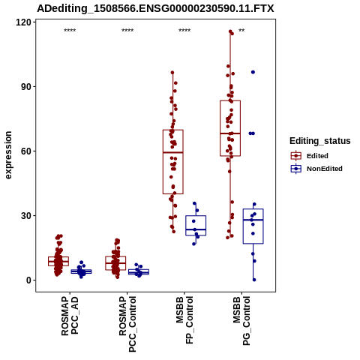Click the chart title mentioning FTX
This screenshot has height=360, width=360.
155,8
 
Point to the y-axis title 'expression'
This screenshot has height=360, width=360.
8,155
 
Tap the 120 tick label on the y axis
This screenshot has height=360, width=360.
23,22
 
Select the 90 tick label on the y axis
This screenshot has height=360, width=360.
26,87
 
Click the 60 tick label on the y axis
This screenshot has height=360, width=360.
26,151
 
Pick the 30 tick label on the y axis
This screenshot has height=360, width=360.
26,216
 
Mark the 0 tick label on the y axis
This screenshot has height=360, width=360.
29,280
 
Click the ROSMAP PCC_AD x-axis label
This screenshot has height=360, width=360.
70,316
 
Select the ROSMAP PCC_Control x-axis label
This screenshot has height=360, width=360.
127,324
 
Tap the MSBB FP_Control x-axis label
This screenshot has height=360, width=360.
184,320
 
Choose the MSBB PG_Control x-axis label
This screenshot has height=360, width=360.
241,321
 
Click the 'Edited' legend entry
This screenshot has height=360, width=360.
317,156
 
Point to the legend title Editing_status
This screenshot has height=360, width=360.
320,141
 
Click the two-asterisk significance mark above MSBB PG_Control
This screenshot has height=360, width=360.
241,31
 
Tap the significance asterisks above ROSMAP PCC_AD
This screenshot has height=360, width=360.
70,31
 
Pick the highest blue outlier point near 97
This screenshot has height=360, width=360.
253,72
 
